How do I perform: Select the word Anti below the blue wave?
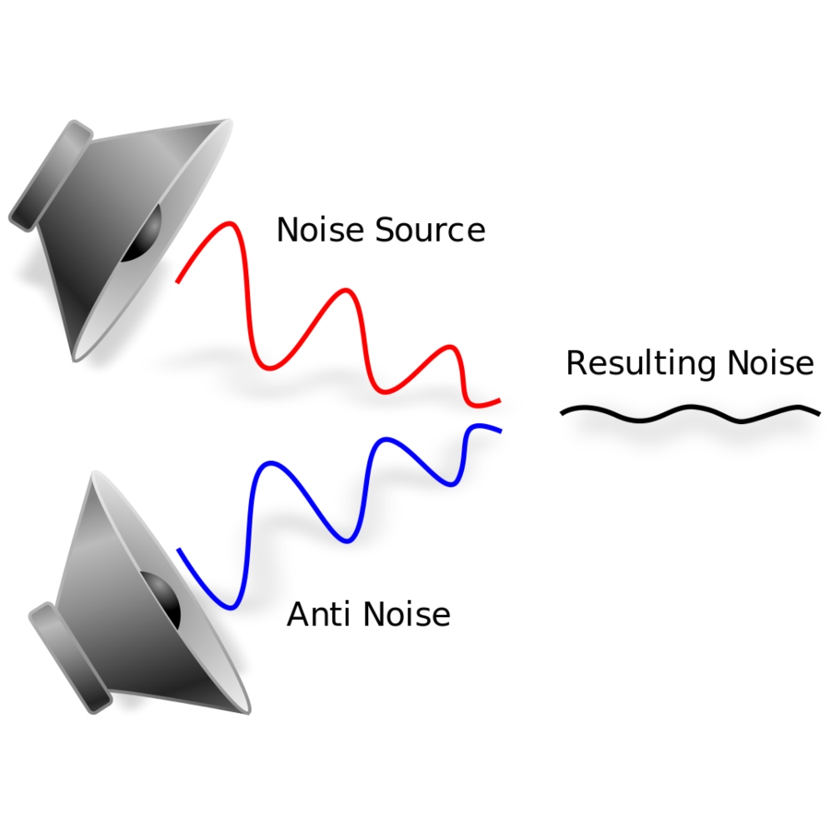[314, 615]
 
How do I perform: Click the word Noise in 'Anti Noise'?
[408, 615]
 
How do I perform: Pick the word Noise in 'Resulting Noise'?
[771, 364]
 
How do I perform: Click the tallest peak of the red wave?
[227, 225]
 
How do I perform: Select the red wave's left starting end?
[177, 282]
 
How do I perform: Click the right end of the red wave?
[498, 401]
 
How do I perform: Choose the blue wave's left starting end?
[179, 550]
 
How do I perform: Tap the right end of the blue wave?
[500, 431]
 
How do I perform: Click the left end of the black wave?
[563, 412]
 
